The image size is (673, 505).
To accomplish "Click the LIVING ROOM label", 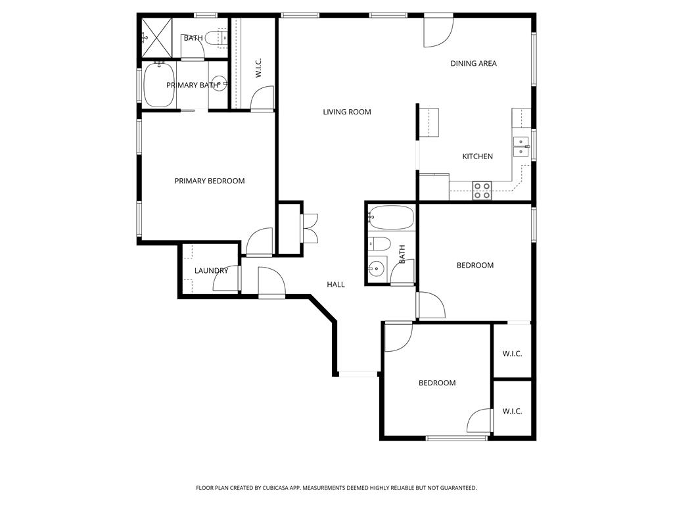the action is click(x=347, y=112).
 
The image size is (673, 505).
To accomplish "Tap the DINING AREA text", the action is click(x=473, y=64).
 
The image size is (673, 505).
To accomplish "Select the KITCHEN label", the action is click(x=477, y=156).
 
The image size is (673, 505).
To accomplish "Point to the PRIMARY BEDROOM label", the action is click(x=210, y=181).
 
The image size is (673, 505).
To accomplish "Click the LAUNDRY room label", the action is click(x=211, y=271).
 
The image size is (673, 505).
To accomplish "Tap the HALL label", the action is click(x=336, y=284).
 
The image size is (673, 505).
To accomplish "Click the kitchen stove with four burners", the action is click(x=482, y=191).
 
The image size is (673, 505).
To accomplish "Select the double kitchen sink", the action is click(x=521, y=147).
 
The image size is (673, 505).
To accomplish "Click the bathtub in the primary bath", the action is click(x=159, y=85).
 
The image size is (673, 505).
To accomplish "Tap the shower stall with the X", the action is click(x=156, y=37).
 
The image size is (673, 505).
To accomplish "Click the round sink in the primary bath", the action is click(x=220, y=82).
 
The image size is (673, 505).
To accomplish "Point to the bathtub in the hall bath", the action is click(x=391, y=218).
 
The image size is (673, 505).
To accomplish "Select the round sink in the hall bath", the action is click(x=377, y=268).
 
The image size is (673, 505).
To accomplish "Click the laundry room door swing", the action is click(x=226, y=278).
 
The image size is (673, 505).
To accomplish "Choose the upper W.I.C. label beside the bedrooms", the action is click(x=512, y=354).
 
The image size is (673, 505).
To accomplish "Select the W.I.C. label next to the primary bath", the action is click(x=258, y=68).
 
